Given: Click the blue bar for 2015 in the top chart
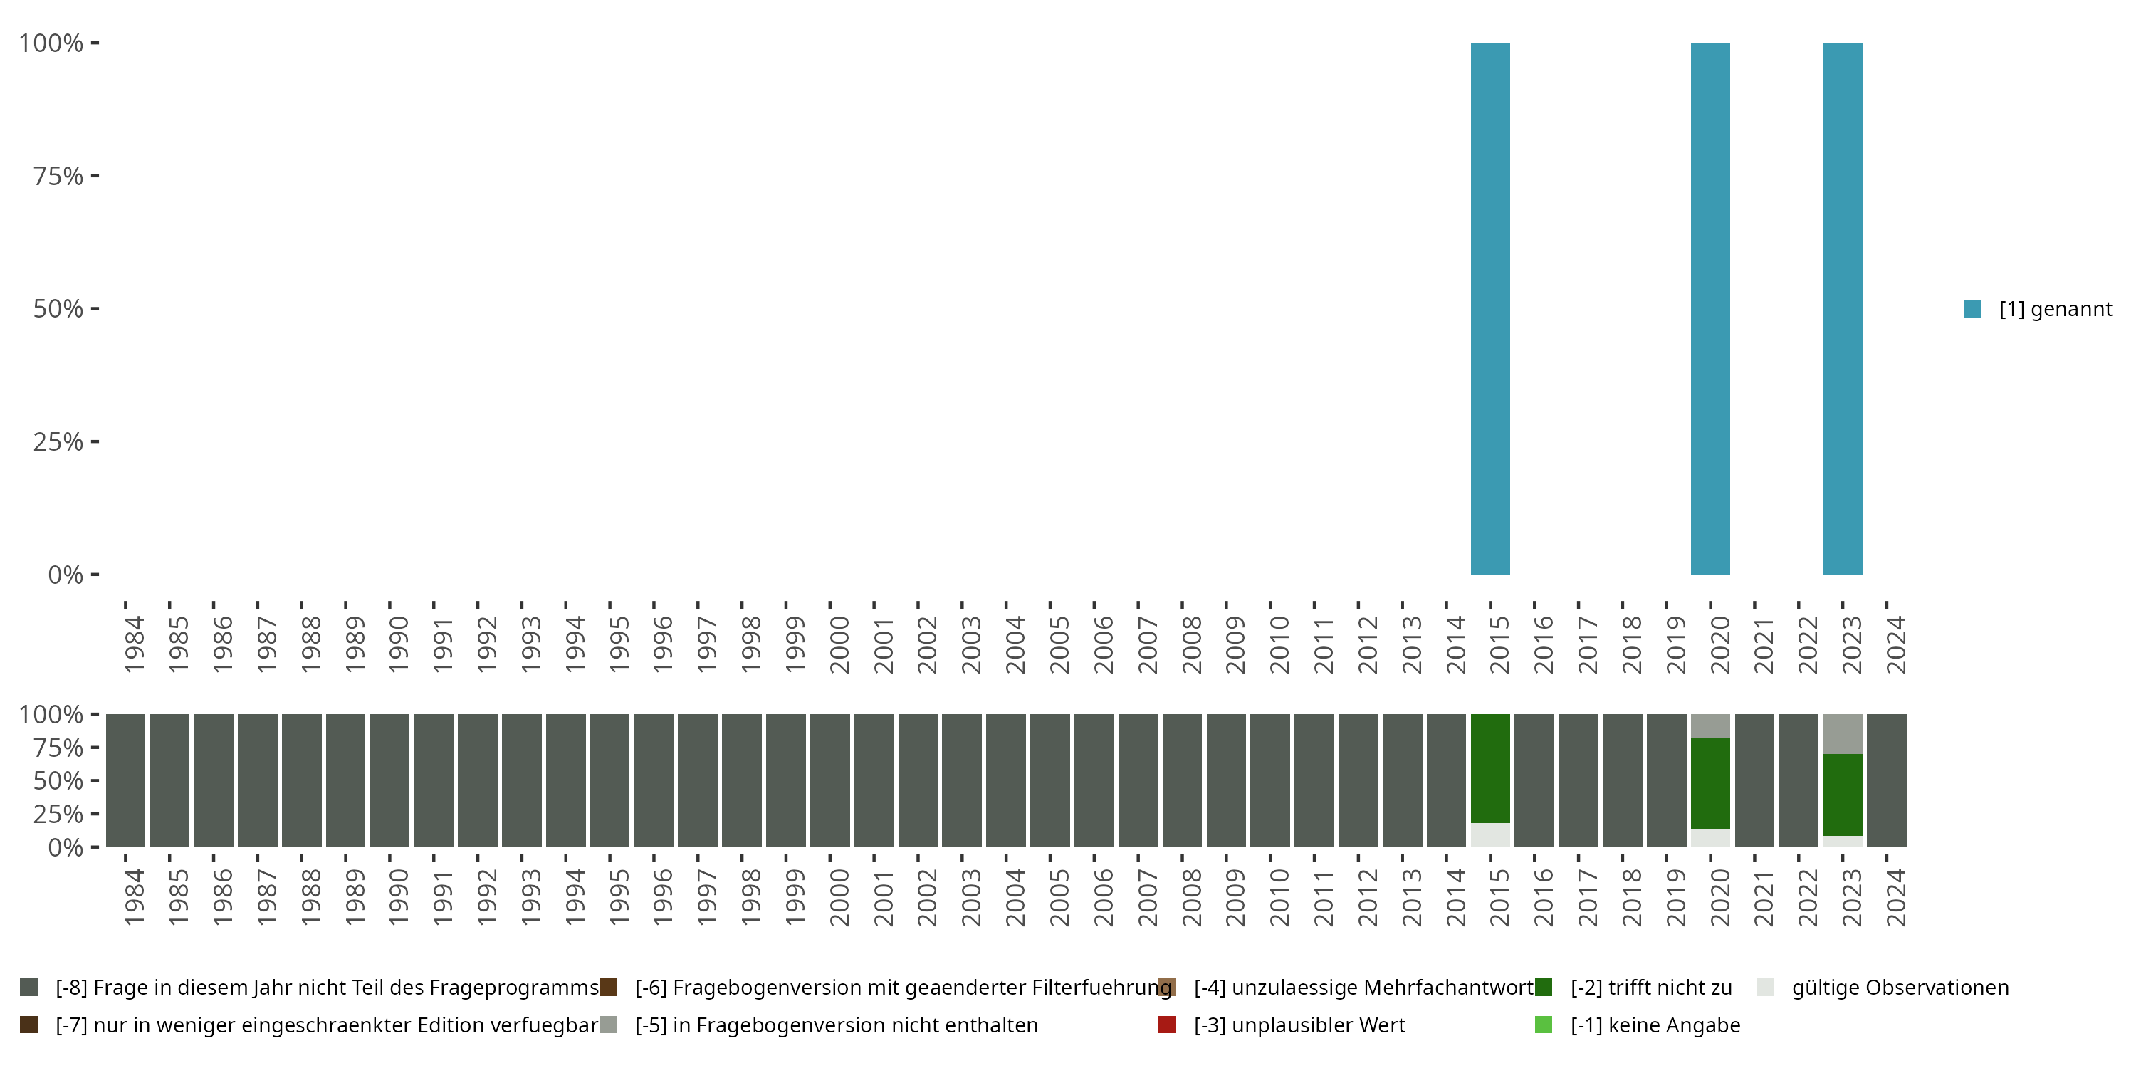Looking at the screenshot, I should (x=1490, y=308).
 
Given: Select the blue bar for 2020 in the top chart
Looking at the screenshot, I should (x=1710, y=308).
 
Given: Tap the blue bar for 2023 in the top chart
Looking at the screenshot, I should (x=1842, y=308).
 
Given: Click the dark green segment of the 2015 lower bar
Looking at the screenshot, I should (x=1490, y=768).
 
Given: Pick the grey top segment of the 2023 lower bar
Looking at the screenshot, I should (x=1842, y=734).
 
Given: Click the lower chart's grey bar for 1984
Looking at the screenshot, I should (x=125, y=780).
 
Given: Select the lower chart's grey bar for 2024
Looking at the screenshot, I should (x=1886, y=780).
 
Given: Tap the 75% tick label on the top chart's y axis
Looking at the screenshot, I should (x=58, y=176).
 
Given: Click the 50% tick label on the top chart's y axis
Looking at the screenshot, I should (x=58, y=308).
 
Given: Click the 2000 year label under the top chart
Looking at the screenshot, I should (x=839, y=644).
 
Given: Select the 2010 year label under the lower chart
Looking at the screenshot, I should (x=1279, y=897).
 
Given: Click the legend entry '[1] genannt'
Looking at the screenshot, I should (x=2055, y=309).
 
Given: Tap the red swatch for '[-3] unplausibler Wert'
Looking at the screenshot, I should (x=1167, y=1025).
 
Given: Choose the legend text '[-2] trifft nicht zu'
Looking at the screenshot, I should (x=1651, y=988).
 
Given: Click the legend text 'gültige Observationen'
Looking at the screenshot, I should (x=1900, y=988).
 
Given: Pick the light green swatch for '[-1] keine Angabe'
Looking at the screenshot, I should (x=1543, y=1025).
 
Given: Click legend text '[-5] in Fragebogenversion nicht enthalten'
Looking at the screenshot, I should (x=836, y=1025).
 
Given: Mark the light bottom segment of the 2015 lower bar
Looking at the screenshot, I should (x=1490, y=835).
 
